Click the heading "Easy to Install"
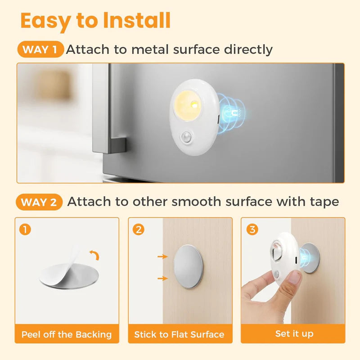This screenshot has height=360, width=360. (x=95, y=21)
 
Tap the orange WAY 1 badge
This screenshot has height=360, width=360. (x=40, y=49)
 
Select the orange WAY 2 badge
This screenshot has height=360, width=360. (x=40, y=202)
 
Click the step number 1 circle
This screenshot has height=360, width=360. (x=26, y=229)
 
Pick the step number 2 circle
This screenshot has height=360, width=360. (x=139, y=229)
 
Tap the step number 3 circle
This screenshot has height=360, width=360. (x=252, y=229)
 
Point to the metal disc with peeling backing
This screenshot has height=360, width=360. (x=67, y=274)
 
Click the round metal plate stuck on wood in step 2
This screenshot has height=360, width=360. (x=188, y=267)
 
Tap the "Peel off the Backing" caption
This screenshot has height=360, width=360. (x=67, y=334)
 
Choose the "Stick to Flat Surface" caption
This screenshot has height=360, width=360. (x=180, y=334)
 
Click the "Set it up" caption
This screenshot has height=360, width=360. (x=294, y=334)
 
